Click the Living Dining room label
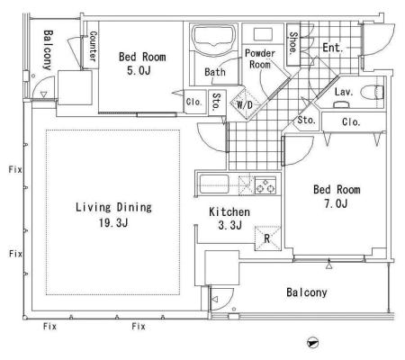click(113, 207)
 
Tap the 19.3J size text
click(113, 222)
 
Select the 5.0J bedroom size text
click(139, 70)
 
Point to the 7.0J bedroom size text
click(336, 203)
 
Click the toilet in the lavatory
click(372, 93)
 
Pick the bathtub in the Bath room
click(213, 37)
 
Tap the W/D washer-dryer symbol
click(245, 104)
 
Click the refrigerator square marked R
click(267, 238)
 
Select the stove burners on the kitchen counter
click(265, 185)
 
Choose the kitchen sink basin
click(214, 184)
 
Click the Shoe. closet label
click(293, 43)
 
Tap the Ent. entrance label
click(332, 48)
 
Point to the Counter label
click(93, 46)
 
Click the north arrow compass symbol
click(312, 343)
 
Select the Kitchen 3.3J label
click(229, 219)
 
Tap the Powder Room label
click(260, 58)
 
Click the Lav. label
click(344, 92)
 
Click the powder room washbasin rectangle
click(263, 34)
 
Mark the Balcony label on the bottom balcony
click(307, 292)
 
